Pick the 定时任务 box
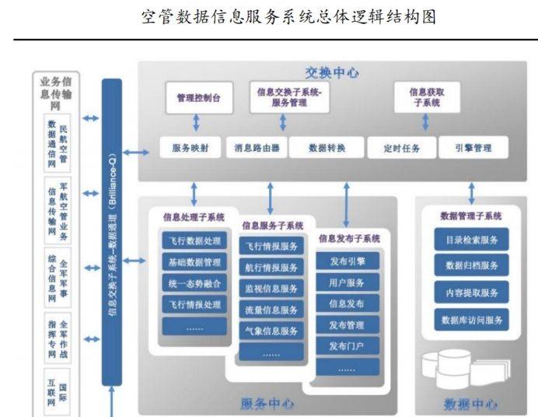coord(402,148)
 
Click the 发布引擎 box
coord(348,260)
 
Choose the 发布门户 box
coord(348,345)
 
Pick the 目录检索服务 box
coord(472,240)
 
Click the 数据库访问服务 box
coord(472,319)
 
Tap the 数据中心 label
coord(470,404)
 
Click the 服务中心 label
coord(267,404)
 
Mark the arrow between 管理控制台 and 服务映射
coord(196,122)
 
